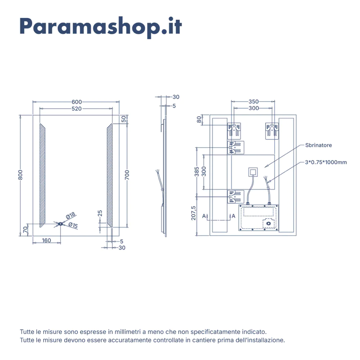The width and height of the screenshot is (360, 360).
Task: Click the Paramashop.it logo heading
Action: (101, 26)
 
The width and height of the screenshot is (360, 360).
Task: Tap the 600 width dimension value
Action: (77, 102)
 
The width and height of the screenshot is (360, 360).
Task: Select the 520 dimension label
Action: (77, 108)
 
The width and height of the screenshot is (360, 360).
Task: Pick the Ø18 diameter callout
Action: (71, 216)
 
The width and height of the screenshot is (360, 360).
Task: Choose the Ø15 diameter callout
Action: (73, 226)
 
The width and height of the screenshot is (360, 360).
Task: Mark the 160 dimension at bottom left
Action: (46, 240)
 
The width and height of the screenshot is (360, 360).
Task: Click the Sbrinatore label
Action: (319, 145)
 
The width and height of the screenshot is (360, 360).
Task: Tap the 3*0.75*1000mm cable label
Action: (326, 162)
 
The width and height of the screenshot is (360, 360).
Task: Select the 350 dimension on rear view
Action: (253, 102)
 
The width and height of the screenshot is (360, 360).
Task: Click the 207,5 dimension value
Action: (194, 213)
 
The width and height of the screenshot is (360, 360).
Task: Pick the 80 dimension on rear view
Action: (199, 119)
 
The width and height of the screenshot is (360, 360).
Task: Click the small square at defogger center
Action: (253, 171)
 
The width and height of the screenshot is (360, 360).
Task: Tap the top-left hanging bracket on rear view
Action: (235, 130)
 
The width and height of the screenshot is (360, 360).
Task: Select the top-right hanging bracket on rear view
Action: (272, 130)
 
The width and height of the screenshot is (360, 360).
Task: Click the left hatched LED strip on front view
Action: (42, 175)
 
